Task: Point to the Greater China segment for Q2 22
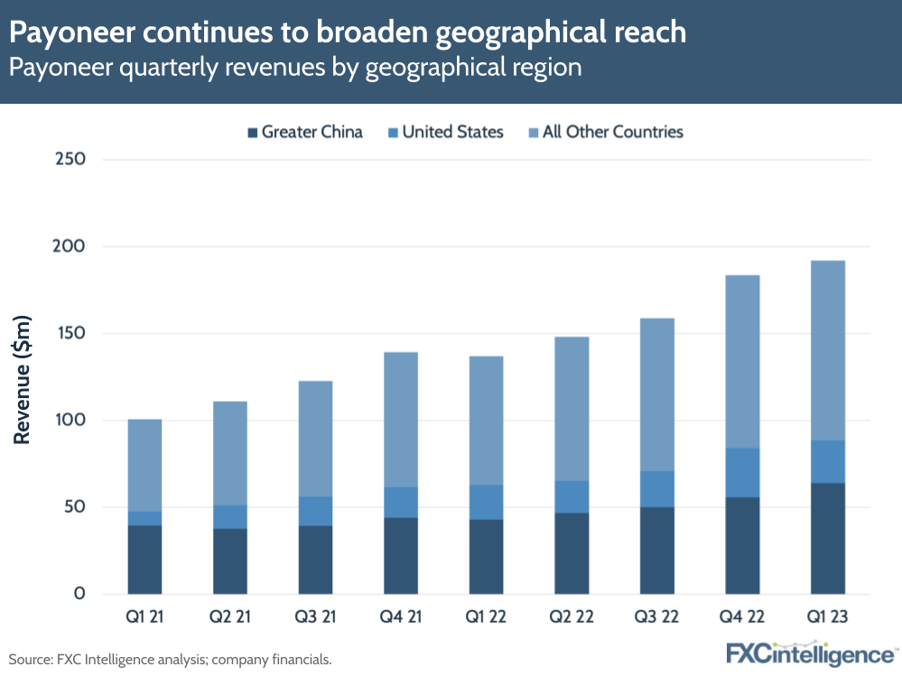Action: point(572,552)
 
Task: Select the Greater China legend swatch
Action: point(252,133)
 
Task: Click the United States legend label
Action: point(452,132)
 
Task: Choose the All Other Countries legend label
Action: point(612,132)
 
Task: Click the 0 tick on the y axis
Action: point(79,594)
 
